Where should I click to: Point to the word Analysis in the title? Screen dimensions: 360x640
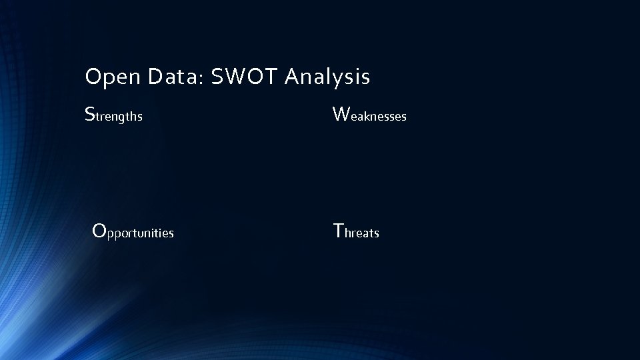tap(327, 78)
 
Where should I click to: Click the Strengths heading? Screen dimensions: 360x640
tap(114, 115)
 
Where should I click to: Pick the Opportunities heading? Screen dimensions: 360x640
tap(133, 232)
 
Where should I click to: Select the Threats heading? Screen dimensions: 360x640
tap(356, 232)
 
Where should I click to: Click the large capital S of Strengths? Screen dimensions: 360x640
tap(90, 114)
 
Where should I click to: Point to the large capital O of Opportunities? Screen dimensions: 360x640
tap(99, 231)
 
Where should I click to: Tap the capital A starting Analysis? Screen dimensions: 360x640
tap(292, 77)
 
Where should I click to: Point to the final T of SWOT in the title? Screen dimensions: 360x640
tap(273, 77)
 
